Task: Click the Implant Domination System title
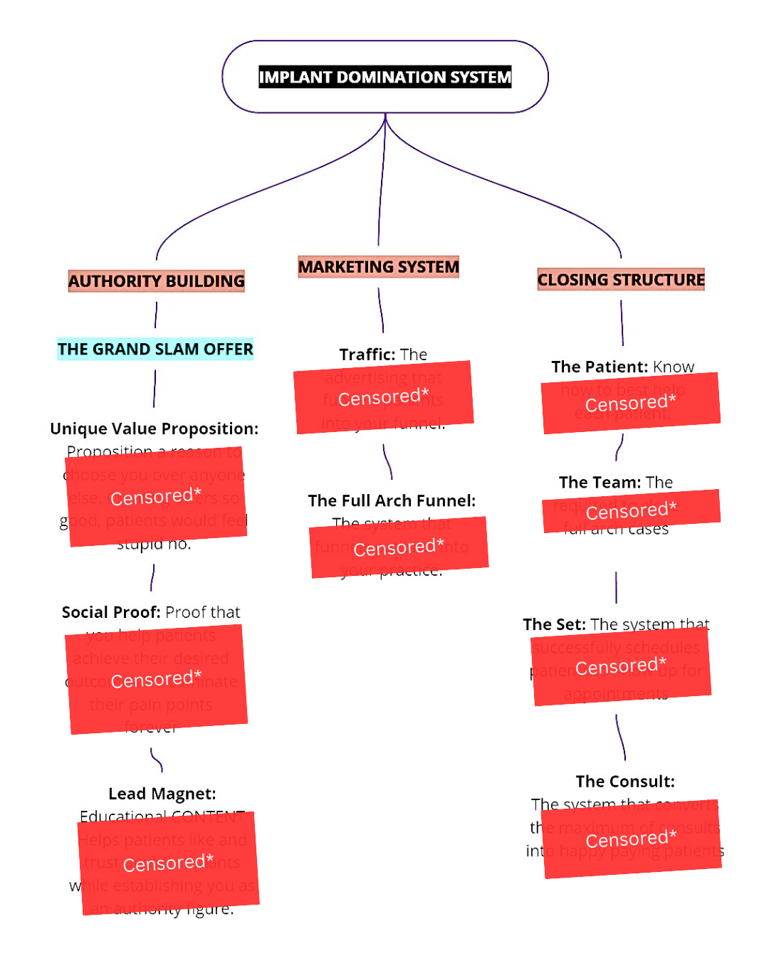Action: pyautogui.click(x=384, y=77)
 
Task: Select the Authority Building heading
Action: pyautogui.click(x=157, y=281)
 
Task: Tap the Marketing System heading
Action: pyautogui.click(x=378, y=267)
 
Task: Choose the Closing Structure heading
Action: pyautogui.click(x=621, y=280)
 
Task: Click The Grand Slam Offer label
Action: pyautogui.click(x=155, y=349)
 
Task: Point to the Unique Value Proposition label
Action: pyautogui.click(x=154, y=429)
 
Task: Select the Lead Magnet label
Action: pyautogui.click(x=162, y=794)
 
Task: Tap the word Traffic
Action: pyautogui.click(x=367, y=355)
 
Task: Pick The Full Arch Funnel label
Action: pyautogui.click(x=392, y=500)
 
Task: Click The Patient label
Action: pyautogui.click(x=600, y=367)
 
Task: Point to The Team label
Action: pyautogui.click(x=600, y=483)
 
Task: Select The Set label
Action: pyautogui.click(x=554, y=624)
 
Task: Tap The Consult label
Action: pyautogui.click(x=625, y=782)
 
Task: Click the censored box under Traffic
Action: pyautogui.click(x=384, y=397)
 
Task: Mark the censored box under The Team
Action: pyautogui.click(x=632, y=510)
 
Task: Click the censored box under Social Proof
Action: pyautogui.click(x=157, y=679)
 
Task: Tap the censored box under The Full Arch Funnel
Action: pyautogui.click(x=399, y=547)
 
